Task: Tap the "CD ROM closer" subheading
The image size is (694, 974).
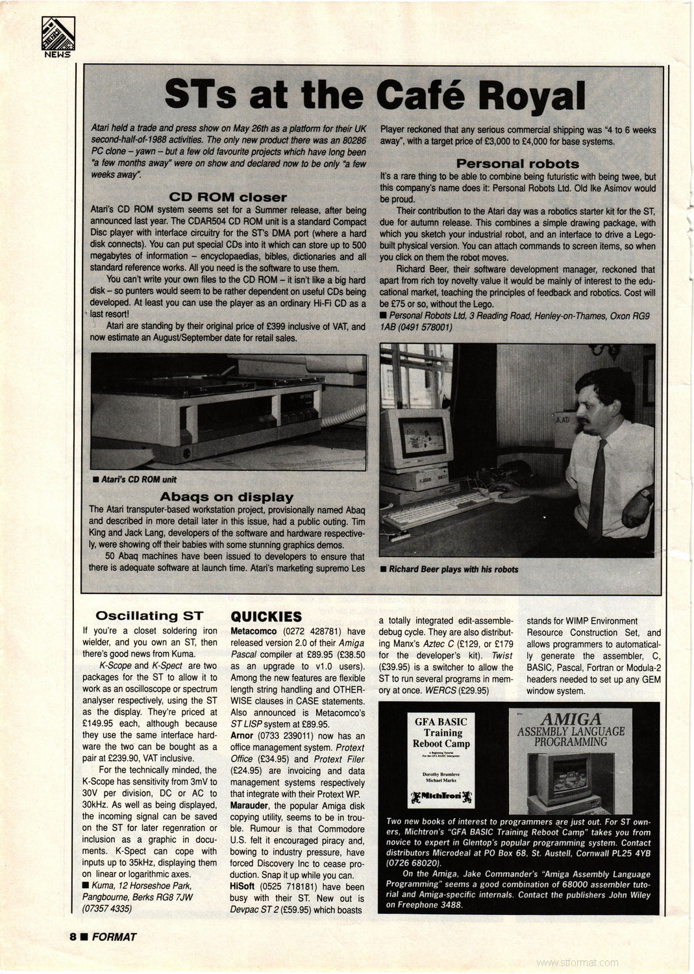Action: click(227, 197)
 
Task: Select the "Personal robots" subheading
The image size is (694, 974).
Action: click(517, 164)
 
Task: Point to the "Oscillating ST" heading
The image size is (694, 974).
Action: click(149, 616)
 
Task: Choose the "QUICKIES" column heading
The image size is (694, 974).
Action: click(266, 616)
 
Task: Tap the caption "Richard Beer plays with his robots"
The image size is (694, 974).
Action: click(453, 569)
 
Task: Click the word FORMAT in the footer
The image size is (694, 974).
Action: click(114, 936)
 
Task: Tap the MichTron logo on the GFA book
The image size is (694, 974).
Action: click(442, 795)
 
